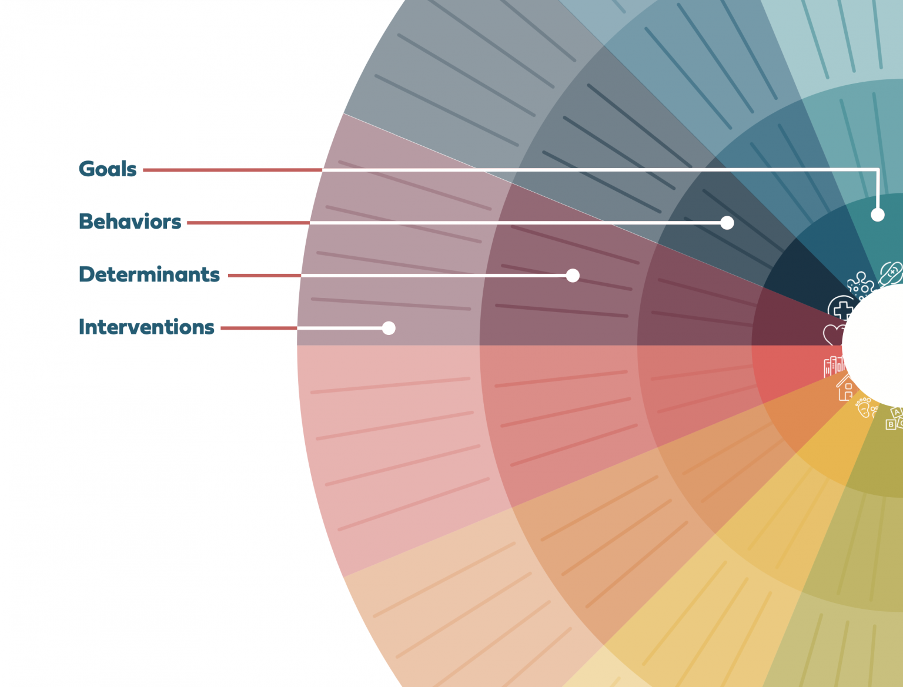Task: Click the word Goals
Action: [108, 169]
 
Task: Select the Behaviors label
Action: [130, 222]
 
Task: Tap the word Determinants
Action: [149, 274]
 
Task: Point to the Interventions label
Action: [146, 327]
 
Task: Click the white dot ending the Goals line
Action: [877, 215]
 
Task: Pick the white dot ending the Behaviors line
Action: [727, 223]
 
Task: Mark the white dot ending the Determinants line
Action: [573, 275]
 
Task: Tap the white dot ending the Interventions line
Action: [389, 328]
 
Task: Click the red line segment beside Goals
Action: [232, 170]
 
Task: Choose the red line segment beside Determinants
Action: [265, 275]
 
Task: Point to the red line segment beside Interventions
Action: [259, 328]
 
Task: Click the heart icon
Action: [834, 335]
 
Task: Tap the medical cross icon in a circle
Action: [841, 309]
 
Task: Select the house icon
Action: [845, 388]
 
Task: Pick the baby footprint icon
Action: [865, 407]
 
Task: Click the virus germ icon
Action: [860, 284]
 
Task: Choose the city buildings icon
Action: [834, 366]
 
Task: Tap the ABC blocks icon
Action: [894, 418]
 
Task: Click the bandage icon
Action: [891, 273]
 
